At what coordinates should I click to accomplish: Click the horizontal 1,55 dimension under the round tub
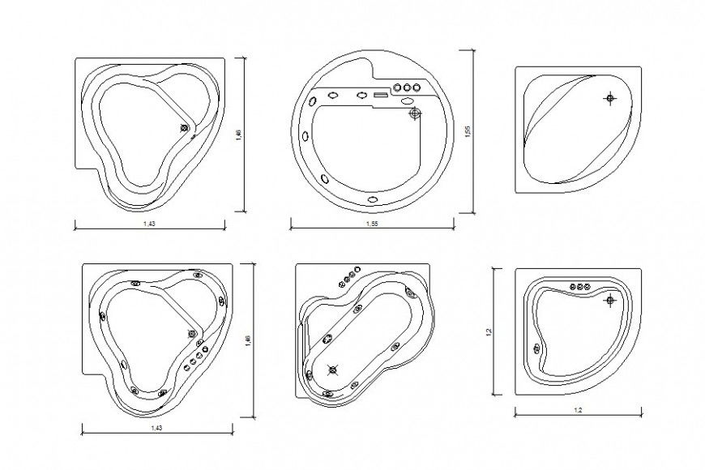(x=371, y=223)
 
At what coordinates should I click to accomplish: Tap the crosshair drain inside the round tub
(x=415, y=113)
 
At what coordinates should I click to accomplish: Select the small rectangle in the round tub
(x=381, y=95)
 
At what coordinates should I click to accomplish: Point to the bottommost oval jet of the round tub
(x=373, y=199)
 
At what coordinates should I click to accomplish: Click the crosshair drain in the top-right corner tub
(x=609, y=98)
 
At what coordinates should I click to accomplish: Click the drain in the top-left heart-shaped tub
(x=185, y=126)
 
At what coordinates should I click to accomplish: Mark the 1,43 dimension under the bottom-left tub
(x=156, y=426)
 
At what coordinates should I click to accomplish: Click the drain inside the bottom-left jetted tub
(x=193, y=333)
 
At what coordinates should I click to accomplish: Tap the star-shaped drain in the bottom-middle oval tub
(x=331, y=370)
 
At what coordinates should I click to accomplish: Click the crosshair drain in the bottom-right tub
(x=609, y=301)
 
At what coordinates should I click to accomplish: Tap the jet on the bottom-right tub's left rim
(x=536, y=348)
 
